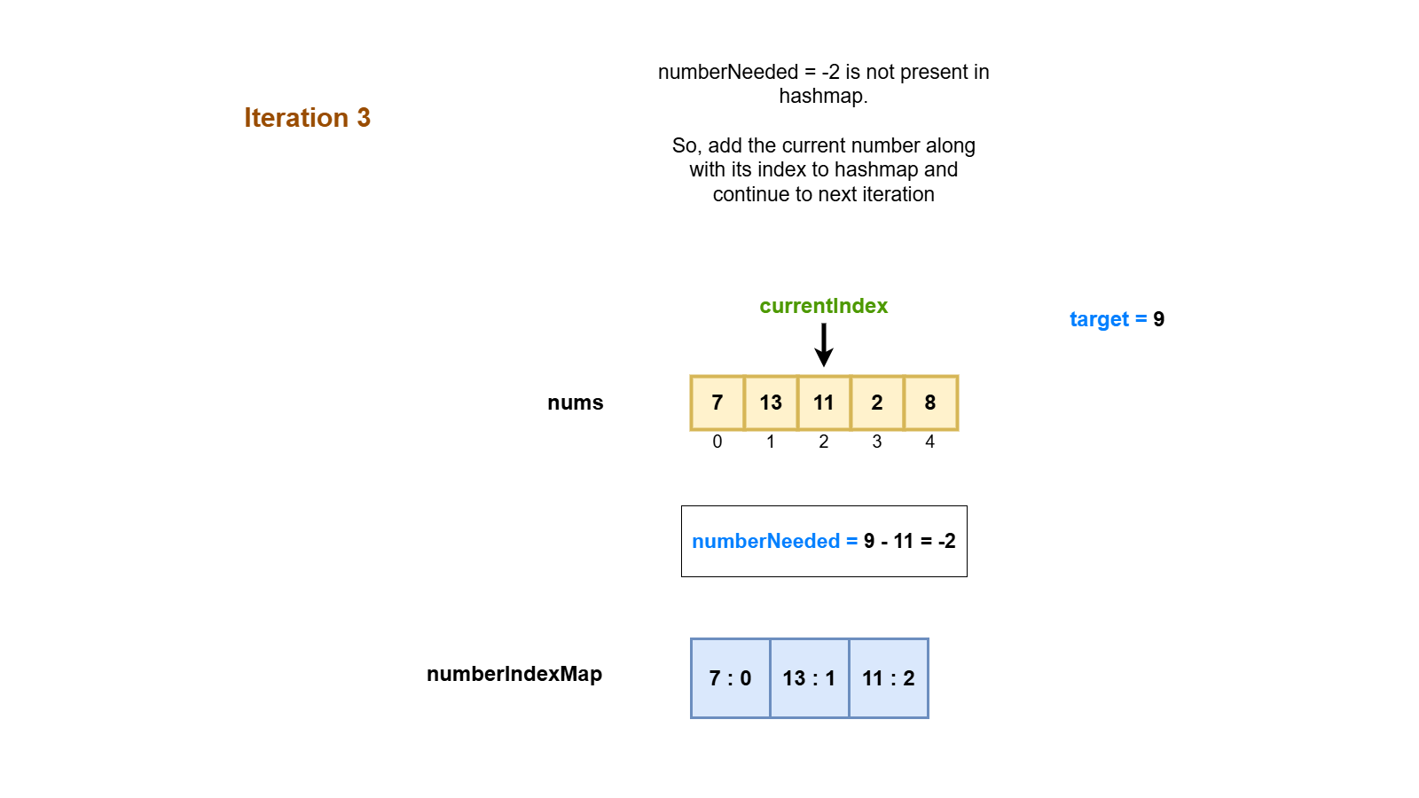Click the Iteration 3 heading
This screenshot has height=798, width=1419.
[307, 118]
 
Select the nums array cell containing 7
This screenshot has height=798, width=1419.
[717, 403]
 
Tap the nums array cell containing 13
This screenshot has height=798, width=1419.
[771, 403]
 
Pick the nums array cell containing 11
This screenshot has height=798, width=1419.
[824, 403]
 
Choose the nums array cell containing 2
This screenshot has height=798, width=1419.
[877, 403]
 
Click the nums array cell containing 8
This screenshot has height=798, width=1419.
[930, 403]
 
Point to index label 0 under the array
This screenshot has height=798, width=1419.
[717, 442]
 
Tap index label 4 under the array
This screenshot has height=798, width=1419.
[930, 442]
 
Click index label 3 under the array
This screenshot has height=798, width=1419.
[877, 442]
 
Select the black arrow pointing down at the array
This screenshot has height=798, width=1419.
[824, 345]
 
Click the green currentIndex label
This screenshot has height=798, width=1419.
[823, 306]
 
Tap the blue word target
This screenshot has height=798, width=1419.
[1099, 319]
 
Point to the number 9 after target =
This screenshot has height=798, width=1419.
[1158, 319]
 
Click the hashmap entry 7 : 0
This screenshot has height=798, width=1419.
[730, 678]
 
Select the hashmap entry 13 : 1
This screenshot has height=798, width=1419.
[809, 678]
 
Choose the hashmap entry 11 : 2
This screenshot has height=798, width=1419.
[889, 678]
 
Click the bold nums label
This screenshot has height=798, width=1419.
[575, 403]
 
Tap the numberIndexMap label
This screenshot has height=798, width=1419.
[514, 674]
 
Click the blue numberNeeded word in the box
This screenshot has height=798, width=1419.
[765, 541]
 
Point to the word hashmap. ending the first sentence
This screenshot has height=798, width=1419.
[823, 96]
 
